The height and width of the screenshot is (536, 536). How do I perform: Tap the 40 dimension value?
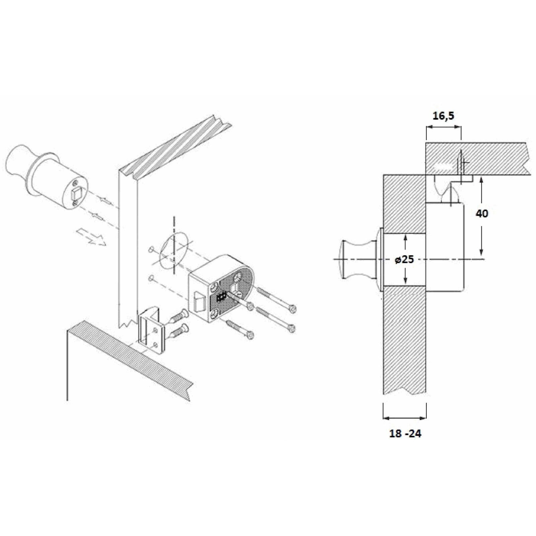tap(482, 213)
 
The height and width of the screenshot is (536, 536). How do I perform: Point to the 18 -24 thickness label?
tap(405, 433)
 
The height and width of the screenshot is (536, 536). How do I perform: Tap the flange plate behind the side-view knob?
tap(381, 259)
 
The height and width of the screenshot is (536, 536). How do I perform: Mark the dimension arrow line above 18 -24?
tap(405, 418)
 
